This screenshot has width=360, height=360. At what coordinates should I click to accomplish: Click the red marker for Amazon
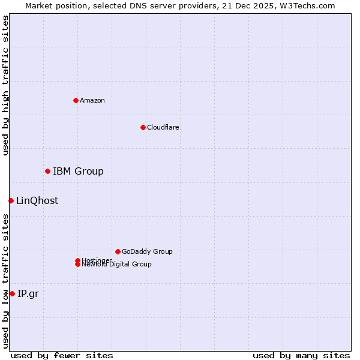pyautogui.click(x=76, y=100)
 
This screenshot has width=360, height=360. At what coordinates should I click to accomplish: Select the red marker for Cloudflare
pyautogui.click(x=143, y=127)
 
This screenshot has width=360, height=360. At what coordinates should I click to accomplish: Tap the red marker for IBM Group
pyautogui.click(x=47, y=172)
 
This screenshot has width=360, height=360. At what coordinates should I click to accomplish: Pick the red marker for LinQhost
pyautogui.click(x=11, y=200)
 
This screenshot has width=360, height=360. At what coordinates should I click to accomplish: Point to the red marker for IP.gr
pyautogui.click(x=12, y=293)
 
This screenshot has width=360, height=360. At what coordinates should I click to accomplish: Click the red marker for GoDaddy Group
pyautogui.click(x=118, y=251)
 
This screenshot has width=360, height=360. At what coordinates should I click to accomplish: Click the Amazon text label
pyautogui.click(x=92, y=100)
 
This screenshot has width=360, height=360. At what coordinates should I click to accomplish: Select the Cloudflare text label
pyautogui.click(x=163, y=127)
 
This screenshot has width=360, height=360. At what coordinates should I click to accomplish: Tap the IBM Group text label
pyautogui.click(x=78, y=172)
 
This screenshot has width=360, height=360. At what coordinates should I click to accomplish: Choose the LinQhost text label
pyautogui.click(x=37, y=201)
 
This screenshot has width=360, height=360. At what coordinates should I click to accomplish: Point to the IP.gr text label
pyautogui.click(x=28, y=293)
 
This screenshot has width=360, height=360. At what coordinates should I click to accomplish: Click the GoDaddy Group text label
pyautogui.click(x=147, y=251)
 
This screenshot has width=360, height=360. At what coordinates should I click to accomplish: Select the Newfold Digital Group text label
pyautogui.click(x=116, y=265)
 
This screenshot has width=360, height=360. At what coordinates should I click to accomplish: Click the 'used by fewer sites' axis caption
pyautogui.click(x=62, y=355)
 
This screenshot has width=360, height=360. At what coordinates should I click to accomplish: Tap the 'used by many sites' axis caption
pyautogui.click(x=301, y=355)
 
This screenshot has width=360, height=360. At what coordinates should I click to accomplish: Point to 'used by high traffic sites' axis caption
pyautogui.click(x=5, y=85)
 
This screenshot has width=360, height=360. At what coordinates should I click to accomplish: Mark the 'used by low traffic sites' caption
pyautogui.click(x=5, y=281)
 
